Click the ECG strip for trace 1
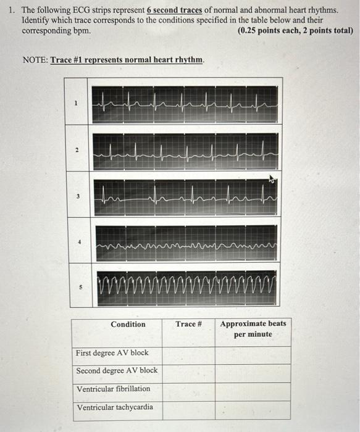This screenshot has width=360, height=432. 185,104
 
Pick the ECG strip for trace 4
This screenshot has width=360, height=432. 185,243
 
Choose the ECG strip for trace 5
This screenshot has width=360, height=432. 185,287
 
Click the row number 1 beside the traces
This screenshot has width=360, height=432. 76,104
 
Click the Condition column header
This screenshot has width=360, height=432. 128,325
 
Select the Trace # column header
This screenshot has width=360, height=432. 188,324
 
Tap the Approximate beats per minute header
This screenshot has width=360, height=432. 253,329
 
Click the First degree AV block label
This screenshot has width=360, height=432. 112,353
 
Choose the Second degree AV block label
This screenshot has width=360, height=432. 117,371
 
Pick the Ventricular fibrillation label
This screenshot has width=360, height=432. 113,389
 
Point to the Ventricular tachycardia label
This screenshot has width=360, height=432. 114,407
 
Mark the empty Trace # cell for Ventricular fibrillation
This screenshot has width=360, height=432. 188,389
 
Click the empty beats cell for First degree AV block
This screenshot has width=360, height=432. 253,354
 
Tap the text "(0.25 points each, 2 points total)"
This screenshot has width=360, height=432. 295,30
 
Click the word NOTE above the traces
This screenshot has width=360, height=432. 35,60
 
